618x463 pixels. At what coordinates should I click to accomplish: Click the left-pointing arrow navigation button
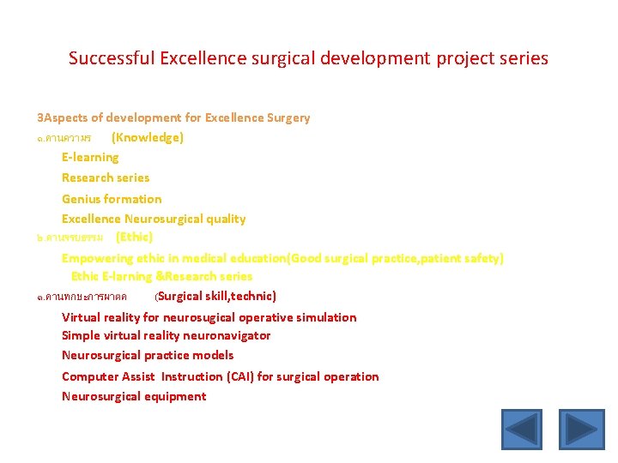[522, 430]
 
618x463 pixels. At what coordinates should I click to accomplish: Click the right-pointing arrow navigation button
[582, 430]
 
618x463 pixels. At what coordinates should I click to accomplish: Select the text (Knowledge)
[148, 137]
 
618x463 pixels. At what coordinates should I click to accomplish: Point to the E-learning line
[90, 157]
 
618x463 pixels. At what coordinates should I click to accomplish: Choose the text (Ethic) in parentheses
[134, 237]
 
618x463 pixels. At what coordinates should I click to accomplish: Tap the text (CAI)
[236, 376]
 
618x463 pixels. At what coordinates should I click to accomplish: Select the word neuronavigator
[226, 335]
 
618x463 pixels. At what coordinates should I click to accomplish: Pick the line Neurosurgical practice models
[148, 355]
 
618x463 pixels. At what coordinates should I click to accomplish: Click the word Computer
[90, 376]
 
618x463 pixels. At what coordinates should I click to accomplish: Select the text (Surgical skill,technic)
[215, 296]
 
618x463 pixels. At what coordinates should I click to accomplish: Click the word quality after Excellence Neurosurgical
[225, 219]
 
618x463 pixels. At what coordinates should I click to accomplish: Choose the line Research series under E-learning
[106, 177]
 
